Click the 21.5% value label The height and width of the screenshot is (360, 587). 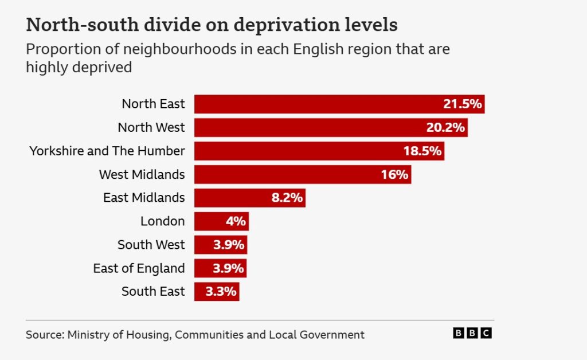coord(463,104)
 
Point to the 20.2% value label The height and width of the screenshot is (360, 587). coord(445,127)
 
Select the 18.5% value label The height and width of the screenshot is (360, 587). coord(422,151)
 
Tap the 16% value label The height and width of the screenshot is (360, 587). coord(394,174)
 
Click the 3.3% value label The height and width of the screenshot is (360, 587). coord(221,291)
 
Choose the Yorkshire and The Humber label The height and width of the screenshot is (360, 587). coord(107,151)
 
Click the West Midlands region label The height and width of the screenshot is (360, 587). coord(142,174)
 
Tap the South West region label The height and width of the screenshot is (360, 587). coord(151,245)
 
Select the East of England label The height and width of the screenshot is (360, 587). coord(139,268)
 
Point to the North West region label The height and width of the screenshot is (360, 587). coord(151,127)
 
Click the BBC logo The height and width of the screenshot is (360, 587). coord(472,333)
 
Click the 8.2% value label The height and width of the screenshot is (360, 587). coord(287,198)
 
